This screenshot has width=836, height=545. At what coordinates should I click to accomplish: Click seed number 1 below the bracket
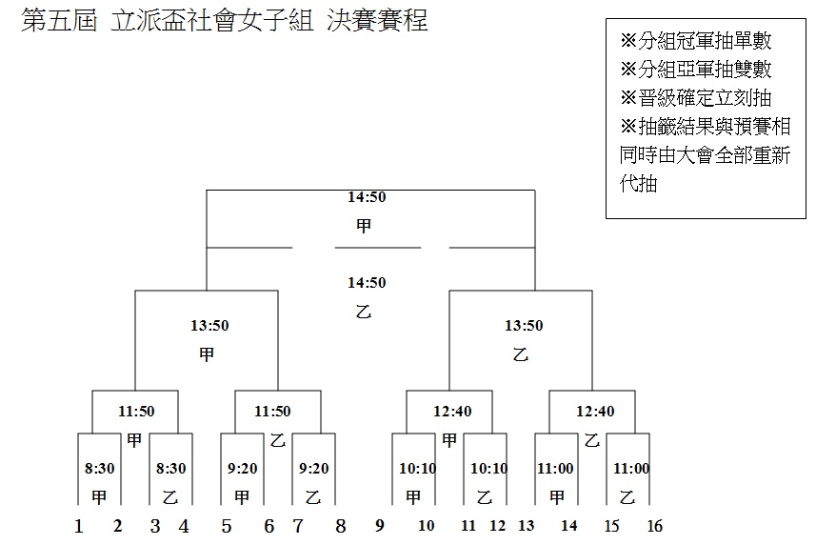79,526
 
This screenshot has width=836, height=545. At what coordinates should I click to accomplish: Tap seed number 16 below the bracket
655,526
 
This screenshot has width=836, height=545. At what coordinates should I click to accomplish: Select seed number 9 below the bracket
380,526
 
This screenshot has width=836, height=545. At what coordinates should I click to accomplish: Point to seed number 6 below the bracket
269,526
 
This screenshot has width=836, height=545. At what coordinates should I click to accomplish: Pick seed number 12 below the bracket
497,526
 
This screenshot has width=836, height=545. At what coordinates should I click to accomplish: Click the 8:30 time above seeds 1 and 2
100,468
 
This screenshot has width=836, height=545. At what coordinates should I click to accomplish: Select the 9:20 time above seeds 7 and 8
313,468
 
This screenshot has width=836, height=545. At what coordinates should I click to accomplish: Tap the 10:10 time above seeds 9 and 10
417,468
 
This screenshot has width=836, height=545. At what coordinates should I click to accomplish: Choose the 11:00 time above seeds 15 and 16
631,468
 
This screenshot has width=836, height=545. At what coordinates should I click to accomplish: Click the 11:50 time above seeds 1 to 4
136,412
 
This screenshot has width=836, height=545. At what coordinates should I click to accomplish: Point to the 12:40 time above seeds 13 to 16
595,412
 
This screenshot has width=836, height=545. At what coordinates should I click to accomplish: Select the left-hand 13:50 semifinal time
209,325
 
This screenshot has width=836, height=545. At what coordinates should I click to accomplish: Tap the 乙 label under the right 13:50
521,354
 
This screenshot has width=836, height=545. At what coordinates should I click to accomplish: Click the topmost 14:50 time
367,197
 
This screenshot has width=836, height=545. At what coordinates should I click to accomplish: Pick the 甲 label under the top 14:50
364,226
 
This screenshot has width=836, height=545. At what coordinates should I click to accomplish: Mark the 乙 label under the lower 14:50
364,312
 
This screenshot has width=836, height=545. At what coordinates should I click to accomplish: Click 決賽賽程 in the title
377,20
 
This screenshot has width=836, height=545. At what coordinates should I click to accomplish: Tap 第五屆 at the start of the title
59,20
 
